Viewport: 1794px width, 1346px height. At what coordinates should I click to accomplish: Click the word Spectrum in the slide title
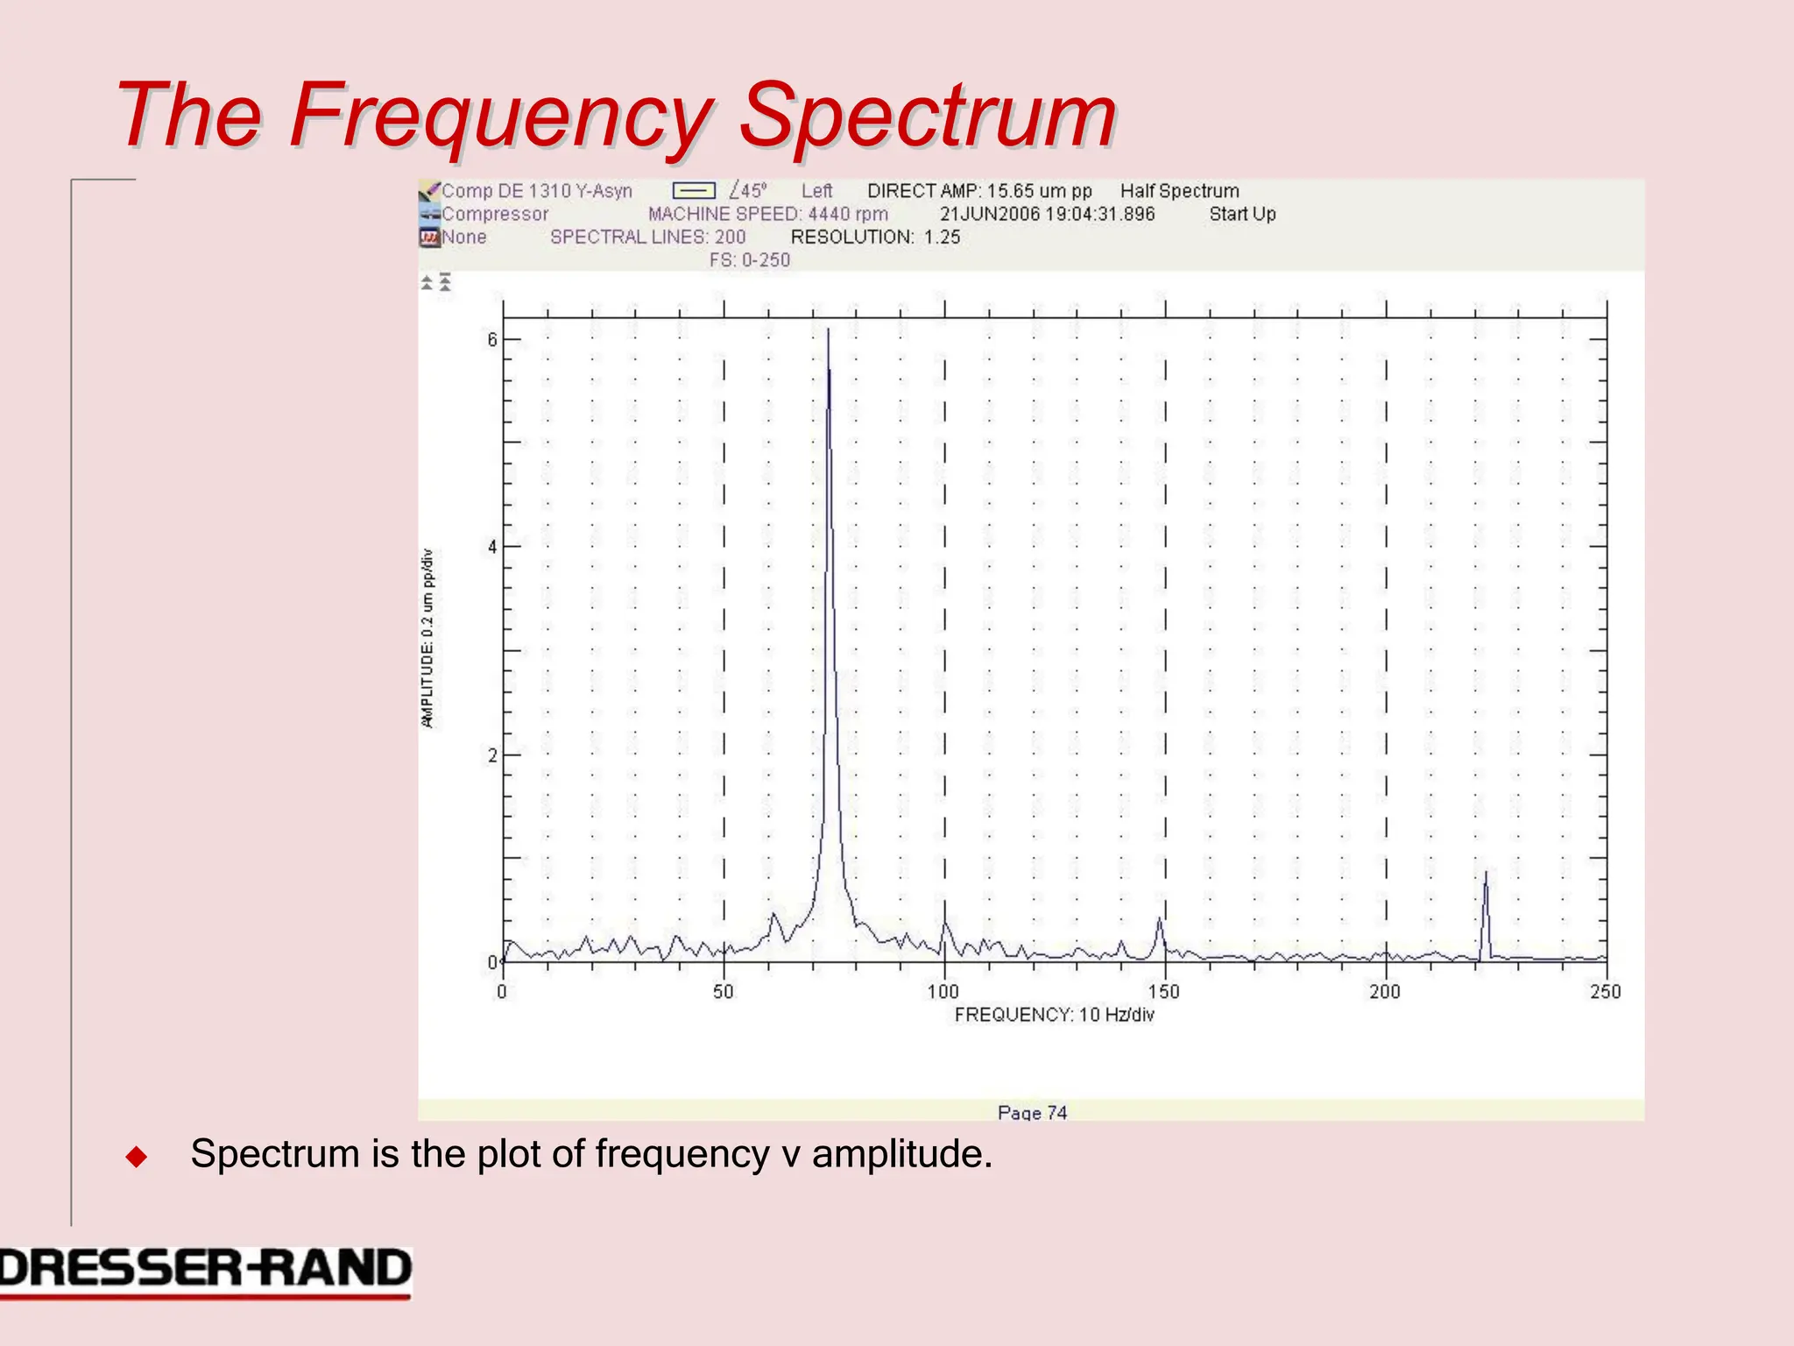click(x=929, y=116)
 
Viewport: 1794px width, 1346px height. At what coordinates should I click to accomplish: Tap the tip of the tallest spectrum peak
click(x=828, y=330)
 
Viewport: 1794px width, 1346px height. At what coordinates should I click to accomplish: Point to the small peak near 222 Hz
click(x=1486, y=875)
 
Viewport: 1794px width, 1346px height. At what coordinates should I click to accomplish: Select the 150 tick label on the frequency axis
click(x=1164, y=992)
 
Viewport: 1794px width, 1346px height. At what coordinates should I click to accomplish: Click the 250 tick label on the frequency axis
click(x=1606, y=992)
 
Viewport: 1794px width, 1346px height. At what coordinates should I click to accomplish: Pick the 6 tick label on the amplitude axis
click(x=492, y=340)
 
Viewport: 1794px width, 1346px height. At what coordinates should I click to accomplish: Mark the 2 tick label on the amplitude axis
click(x=492, y=755)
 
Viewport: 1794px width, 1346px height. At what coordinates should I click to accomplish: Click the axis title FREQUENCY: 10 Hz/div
click(x=1054, y=1015)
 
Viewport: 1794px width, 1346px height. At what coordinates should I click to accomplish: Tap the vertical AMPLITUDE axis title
click(x=427, y=638)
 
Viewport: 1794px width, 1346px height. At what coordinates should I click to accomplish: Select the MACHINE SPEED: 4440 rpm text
click(x=767, y=214)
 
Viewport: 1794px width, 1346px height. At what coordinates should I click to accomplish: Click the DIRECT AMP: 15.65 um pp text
click(x=979, y=191)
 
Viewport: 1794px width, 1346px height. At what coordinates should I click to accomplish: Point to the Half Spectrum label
click(x=1179, y=191)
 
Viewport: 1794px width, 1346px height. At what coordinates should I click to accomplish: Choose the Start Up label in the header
click(x=1242, y=214)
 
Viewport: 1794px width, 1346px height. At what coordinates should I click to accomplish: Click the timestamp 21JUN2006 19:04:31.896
click(x=1047, y=214)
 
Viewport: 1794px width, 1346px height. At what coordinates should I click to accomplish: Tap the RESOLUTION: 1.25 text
click(x=875, y=237)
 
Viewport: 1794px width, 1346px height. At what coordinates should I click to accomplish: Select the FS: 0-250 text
click(x=750, y=260)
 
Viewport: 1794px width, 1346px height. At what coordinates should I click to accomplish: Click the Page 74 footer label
click(x=1032, y=1113)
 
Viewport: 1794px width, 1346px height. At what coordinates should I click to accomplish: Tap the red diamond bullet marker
click(x=137, y=1157)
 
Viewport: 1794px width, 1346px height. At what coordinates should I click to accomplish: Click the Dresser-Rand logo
click(x=205, y=1271)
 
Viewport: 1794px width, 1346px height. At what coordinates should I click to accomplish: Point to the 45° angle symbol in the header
click(x=748, y=191)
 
